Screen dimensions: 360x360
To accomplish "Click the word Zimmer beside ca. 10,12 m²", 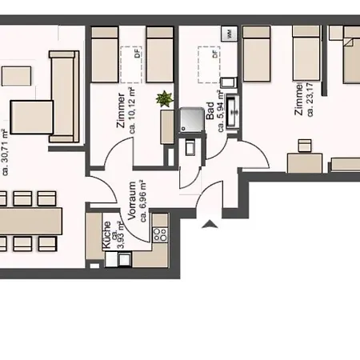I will [x=122, y=106].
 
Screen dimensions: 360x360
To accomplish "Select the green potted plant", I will [x=165, y=99].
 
